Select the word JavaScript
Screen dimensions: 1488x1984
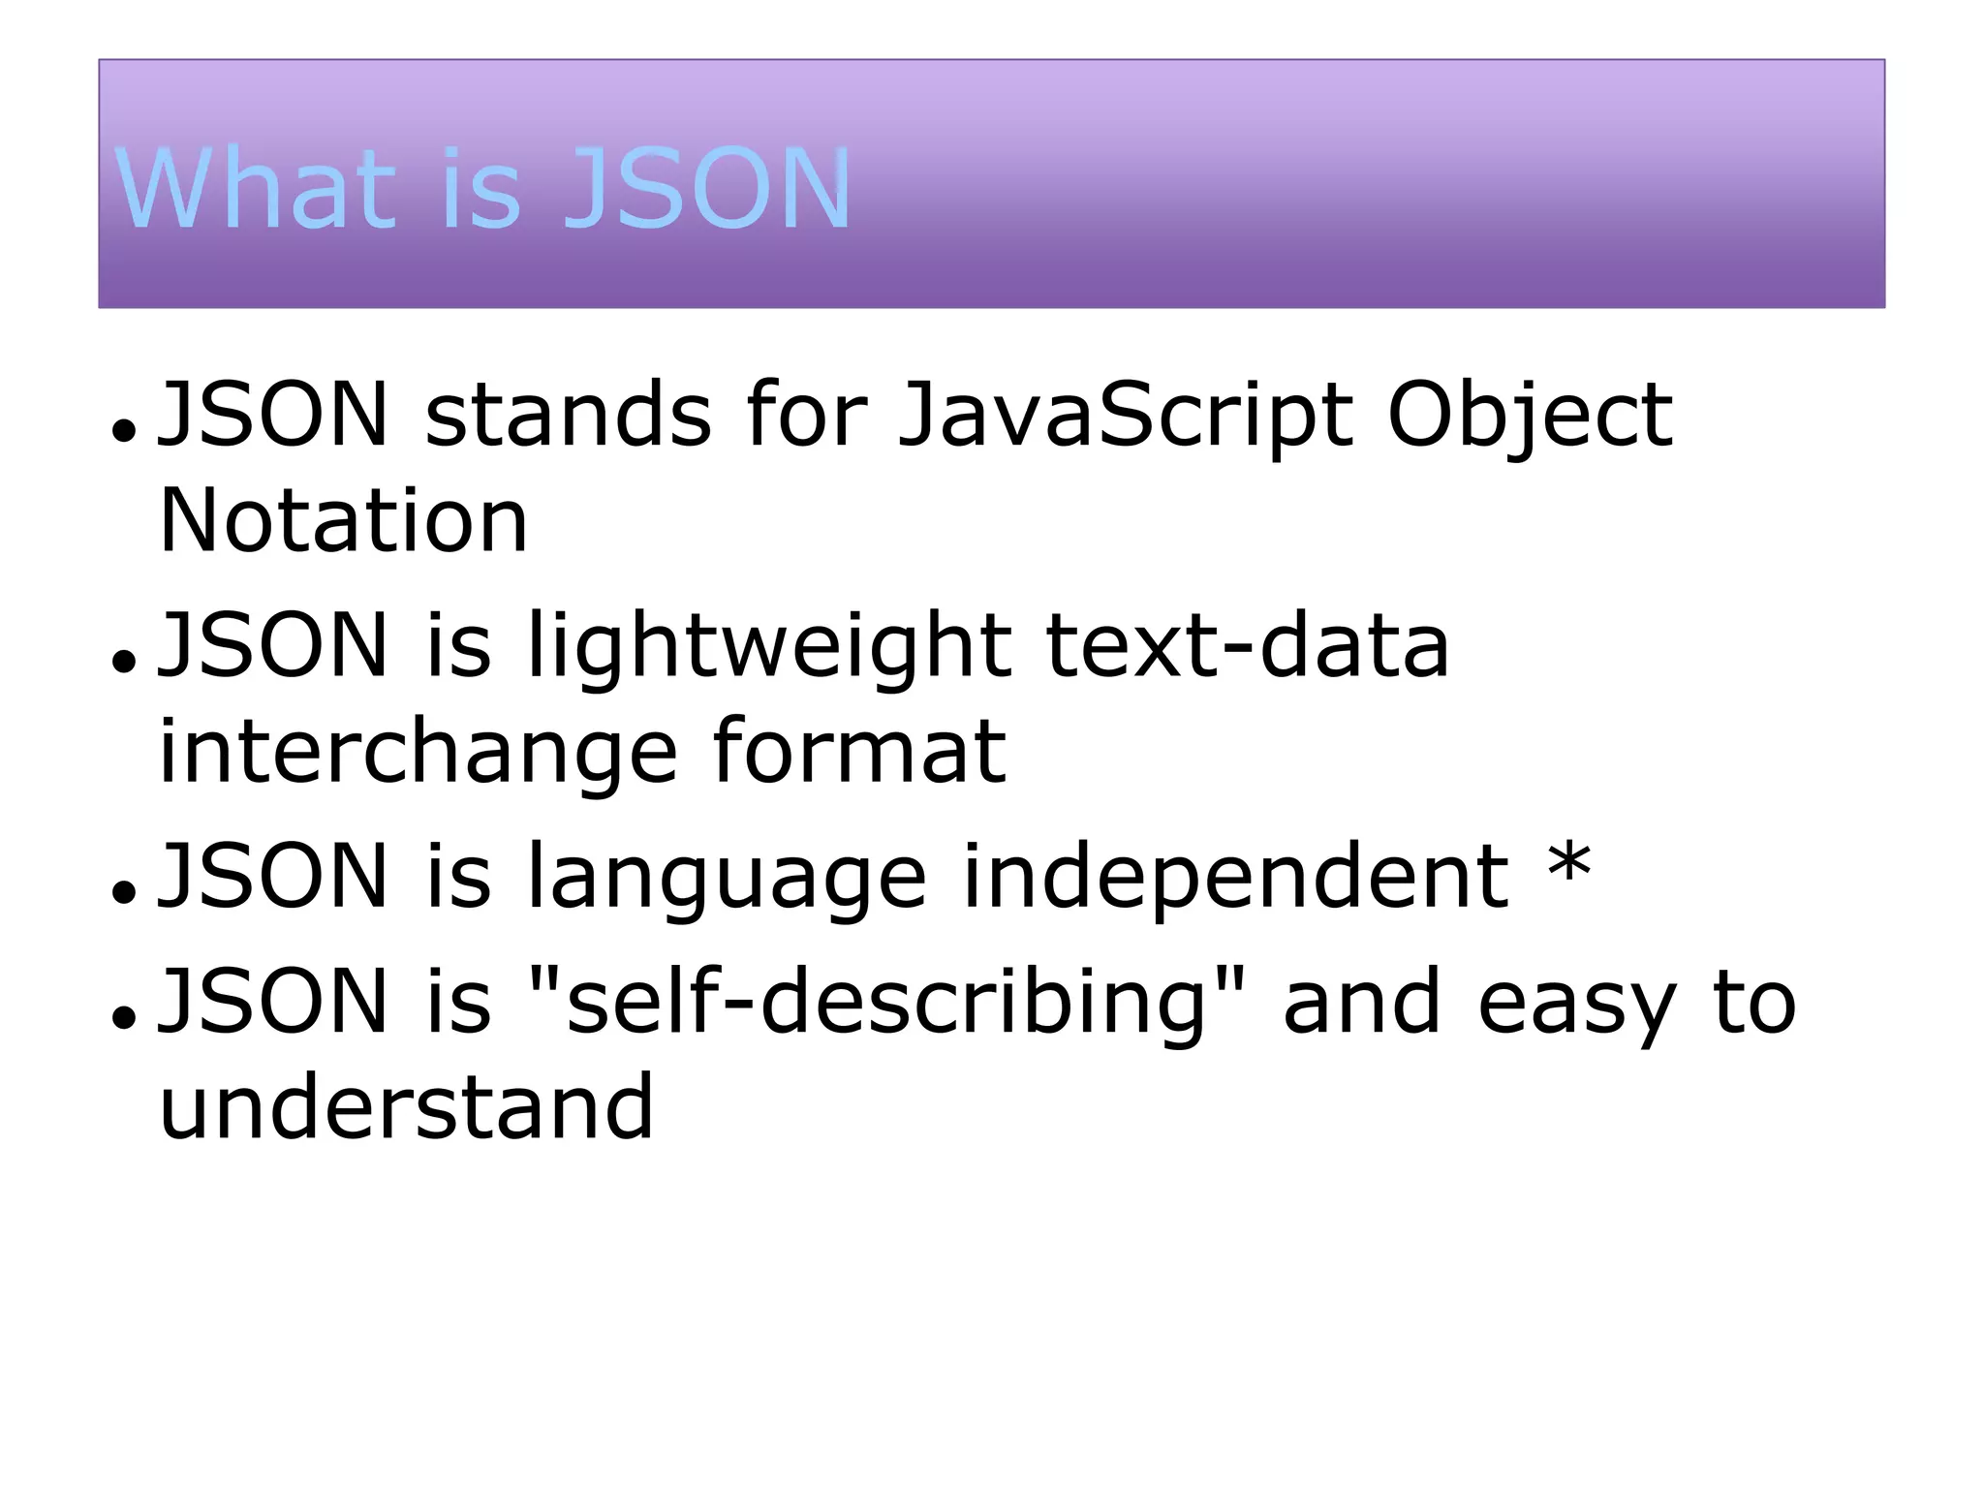1125,416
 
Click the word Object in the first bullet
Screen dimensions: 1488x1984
1530,416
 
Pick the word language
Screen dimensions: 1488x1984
727,878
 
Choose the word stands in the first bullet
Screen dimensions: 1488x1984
569,416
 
